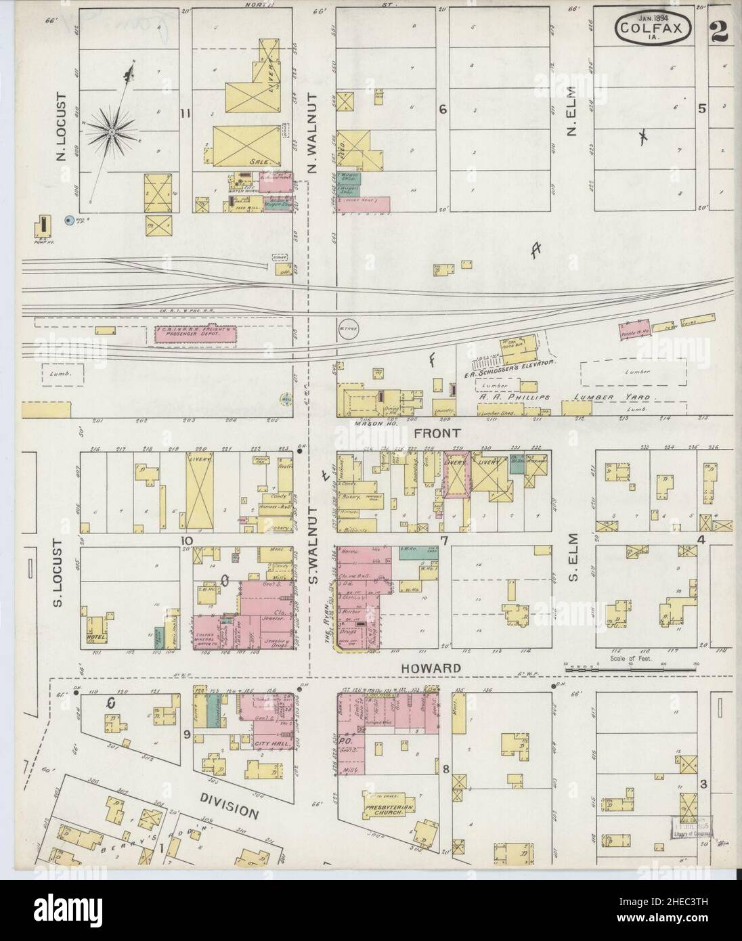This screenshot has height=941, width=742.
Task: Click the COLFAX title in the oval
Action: tap(653, 28)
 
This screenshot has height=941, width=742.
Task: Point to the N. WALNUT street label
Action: tap(313, 135)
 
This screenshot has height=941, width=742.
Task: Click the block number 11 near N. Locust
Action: tap(184, 113)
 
